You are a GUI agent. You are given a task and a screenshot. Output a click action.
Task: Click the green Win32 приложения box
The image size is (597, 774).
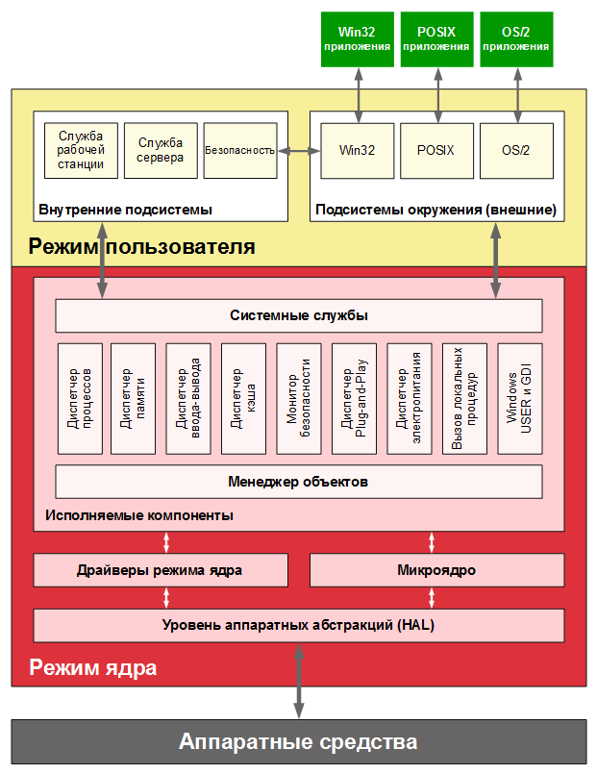358,39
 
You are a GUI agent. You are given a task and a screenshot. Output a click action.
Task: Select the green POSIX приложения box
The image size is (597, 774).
436,39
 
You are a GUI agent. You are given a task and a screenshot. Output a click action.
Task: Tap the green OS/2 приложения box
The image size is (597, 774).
516,39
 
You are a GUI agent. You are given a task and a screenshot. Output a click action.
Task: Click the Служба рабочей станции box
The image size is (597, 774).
81,150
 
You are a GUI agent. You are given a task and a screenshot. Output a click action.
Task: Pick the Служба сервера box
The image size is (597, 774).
161,150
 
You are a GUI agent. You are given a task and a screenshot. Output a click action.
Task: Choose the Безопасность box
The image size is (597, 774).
239,150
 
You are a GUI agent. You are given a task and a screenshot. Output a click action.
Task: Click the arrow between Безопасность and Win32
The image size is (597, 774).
298,151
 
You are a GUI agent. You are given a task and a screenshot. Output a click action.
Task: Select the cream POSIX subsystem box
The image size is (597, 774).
436,151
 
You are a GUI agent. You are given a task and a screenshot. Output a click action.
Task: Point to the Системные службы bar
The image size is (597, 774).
298,315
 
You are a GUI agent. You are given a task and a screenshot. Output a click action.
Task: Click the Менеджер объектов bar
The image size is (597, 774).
298,481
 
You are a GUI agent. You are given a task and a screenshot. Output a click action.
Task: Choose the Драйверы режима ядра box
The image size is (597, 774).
161,570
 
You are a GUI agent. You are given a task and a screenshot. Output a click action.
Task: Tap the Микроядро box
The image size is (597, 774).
436,570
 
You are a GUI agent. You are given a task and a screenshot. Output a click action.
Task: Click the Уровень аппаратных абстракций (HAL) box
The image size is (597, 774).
298,625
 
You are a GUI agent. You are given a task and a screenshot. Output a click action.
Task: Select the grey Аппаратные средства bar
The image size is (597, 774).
298,741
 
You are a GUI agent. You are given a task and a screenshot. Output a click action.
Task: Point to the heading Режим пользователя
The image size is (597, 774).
141,247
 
